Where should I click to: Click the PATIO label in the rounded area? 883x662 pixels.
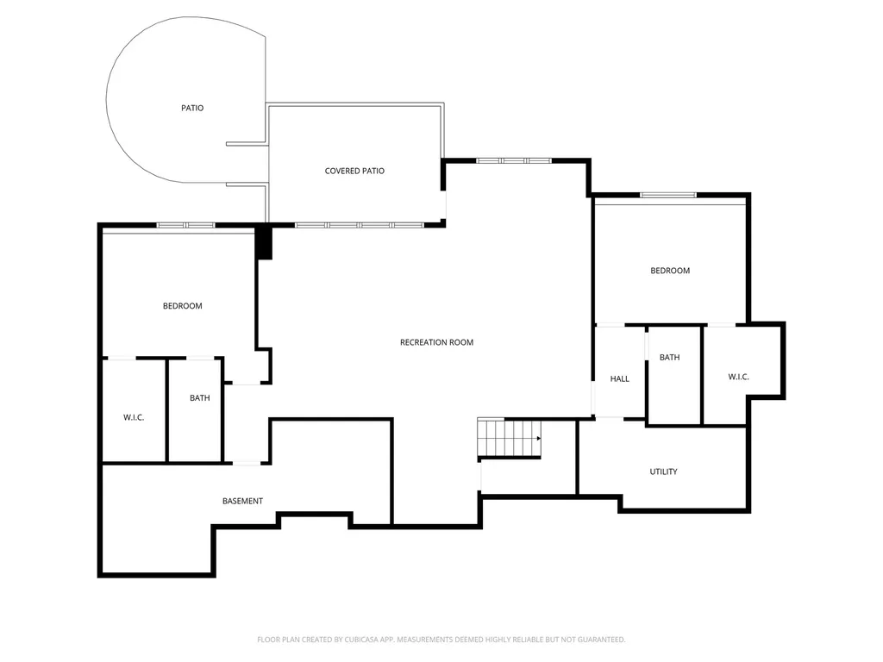(x=192, y=108)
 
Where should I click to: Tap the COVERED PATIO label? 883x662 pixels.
(x=354, y=172)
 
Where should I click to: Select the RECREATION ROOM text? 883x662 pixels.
(x=436, y=342)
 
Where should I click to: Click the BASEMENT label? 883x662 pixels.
(x=242, y=501)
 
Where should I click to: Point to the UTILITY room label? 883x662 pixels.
(x=663, y=472)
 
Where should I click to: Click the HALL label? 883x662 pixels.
(x=619, y=379)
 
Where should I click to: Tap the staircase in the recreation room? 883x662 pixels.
(x=509, y=438)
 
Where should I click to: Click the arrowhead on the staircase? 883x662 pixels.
(x=539, y=438)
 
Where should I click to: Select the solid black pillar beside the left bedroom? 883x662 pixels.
(x=264, y=243)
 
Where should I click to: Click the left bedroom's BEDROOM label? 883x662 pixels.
(x=183, y=306)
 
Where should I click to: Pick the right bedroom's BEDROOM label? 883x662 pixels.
(x=670, y=271)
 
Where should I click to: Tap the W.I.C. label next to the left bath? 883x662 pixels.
(x=134, y=418)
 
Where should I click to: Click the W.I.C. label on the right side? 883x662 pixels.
(x=738, y=378)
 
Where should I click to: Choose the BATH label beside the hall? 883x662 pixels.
(x=669, y=358)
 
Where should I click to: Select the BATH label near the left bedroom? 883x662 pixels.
(x=200, y=398)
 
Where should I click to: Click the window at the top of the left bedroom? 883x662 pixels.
(x=186, y=225)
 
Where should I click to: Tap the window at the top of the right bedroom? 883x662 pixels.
(x=668, y=196)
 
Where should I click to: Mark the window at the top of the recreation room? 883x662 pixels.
(x=514, y=161)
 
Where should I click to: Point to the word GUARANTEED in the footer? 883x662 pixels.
(x=600, y=640)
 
